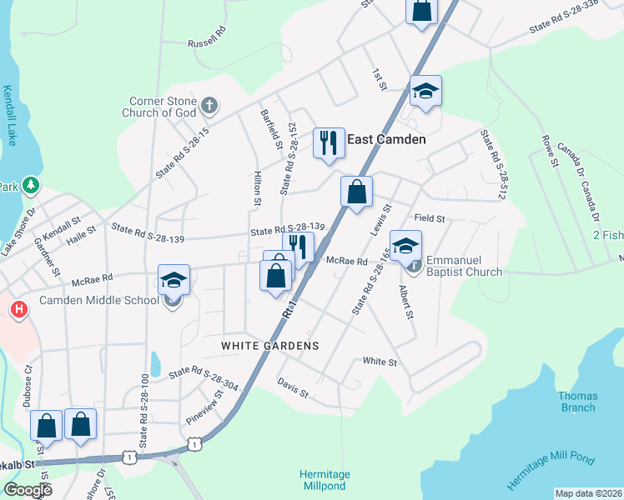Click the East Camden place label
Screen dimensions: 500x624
tap(386, 140)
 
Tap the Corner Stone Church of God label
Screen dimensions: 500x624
tap(159, 106)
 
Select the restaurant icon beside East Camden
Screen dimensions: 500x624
tap(329, 142)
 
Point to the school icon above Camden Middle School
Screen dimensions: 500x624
tap(174, 280)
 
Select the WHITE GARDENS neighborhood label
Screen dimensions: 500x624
tap(270, 345)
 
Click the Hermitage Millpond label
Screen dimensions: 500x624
tap(325, 480)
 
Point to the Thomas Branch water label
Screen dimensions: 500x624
tap(577, 402)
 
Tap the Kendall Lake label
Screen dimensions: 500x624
tap(9, 116)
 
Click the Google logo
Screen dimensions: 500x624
tap(28, 490)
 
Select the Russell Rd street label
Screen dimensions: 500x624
tap(207, 36)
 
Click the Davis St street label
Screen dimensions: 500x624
tap(293, 387)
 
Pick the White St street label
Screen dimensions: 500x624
tap(380, 362)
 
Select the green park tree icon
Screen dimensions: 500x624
tap(31, 185)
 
